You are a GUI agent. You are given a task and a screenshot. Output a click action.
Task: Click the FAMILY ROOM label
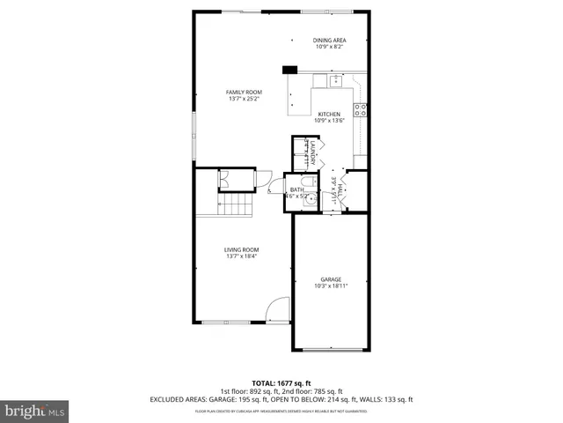[244, 92]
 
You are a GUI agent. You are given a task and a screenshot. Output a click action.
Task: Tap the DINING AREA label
[329, 41]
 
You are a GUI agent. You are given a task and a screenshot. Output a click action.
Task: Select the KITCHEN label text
[329, 114]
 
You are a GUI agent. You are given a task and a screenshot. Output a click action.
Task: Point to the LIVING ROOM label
[242, 249]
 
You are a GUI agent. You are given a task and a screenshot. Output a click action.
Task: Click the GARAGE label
[330, 279]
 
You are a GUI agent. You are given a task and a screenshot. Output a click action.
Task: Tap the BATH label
[297, 189]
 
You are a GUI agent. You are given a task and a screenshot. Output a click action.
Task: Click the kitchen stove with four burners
[360, 110]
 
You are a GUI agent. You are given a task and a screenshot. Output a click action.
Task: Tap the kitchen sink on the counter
[335, 81]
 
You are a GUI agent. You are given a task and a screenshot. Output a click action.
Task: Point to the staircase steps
[237, 207]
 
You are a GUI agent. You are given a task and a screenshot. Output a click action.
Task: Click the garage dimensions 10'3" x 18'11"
[330, 286]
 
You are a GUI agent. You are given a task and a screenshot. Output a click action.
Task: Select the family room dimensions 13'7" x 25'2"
[244, 99]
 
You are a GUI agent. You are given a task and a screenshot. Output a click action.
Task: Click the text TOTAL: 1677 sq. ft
[281, 383]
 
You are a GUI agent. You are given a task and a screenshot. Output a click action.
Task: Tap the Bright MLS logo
[35, 411]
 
